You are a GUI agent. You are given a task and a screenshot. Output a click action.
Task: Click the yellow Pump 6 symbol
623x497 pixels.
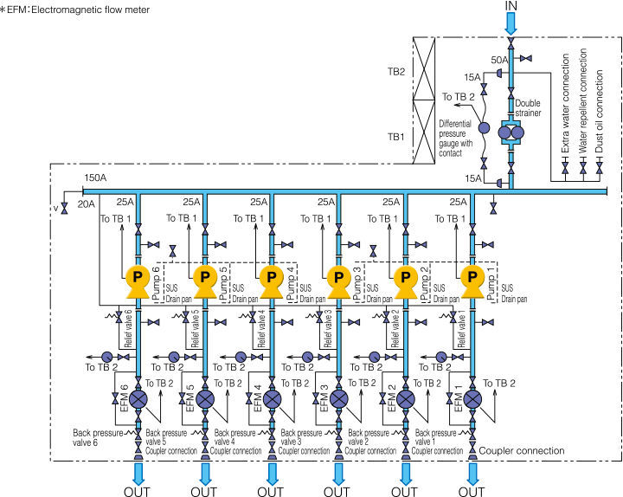point(138,282)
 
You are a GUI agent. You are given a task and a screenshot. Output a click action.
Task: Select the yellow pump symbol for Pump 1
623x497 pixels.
point(472,282)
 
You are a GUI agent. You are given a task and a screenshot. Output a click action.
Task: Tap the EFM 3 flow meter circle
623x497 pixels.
point(338,399)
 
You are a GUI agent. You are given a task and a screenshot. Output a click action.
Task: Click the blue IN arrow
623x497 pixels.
point(511,23)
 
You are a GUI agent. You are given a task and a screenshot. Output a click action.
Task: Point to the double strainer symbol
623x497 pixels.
point(511,132)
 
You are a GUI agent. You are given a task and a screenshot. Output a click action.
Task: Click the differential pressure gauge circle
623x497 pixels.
point(484,127)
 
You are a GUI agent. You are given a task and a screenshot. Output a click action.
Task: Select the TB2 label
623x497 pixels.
point(396,72)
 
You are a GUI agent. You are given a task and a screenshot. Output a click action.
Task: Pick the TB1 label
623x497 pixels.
point(396,137)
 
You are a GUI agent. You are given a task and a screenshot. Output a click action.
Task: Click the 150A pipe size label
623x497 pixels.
point(95,177)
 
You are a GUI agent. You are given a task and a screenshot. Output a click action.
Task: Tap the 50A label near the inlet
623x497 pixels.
point(499,60)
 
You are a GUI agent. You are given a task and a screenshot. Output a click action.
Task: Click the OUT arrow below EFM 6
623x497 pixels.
point(138,473)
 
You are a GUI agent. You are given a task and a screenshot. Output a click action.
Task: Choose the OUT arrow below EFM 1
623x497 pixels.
point(472,473)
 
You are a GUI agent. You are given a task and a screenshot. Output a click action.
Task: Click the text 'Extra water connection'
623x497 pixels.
point(565,103)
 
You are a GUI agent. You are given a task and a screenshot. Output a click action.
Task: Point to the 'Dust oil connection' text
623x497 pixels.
point(600,112)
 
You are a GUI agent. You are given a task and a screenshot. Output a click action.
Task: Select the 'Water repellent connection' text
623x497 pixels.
point(583,101)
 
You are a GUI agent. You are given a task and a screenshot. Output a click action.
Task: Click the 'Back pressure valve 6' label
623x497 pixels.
point(98,437)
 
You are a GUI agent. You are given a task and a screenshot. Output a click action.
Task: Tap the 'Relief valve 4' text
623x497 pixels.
point(261,329)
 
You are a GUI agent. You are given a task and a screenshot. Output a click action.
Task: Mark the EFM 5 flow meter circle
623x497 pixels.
point(204,399)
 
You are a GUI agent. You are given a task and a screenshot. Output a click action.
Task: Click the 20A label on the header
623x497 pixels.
point(87,204)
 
